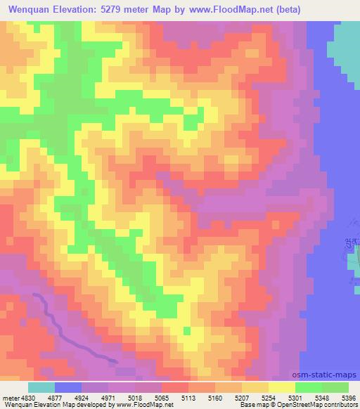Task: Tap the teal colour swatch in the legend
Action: pos(41,387)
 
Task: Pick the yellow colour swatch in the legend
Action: pos(281,387)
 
